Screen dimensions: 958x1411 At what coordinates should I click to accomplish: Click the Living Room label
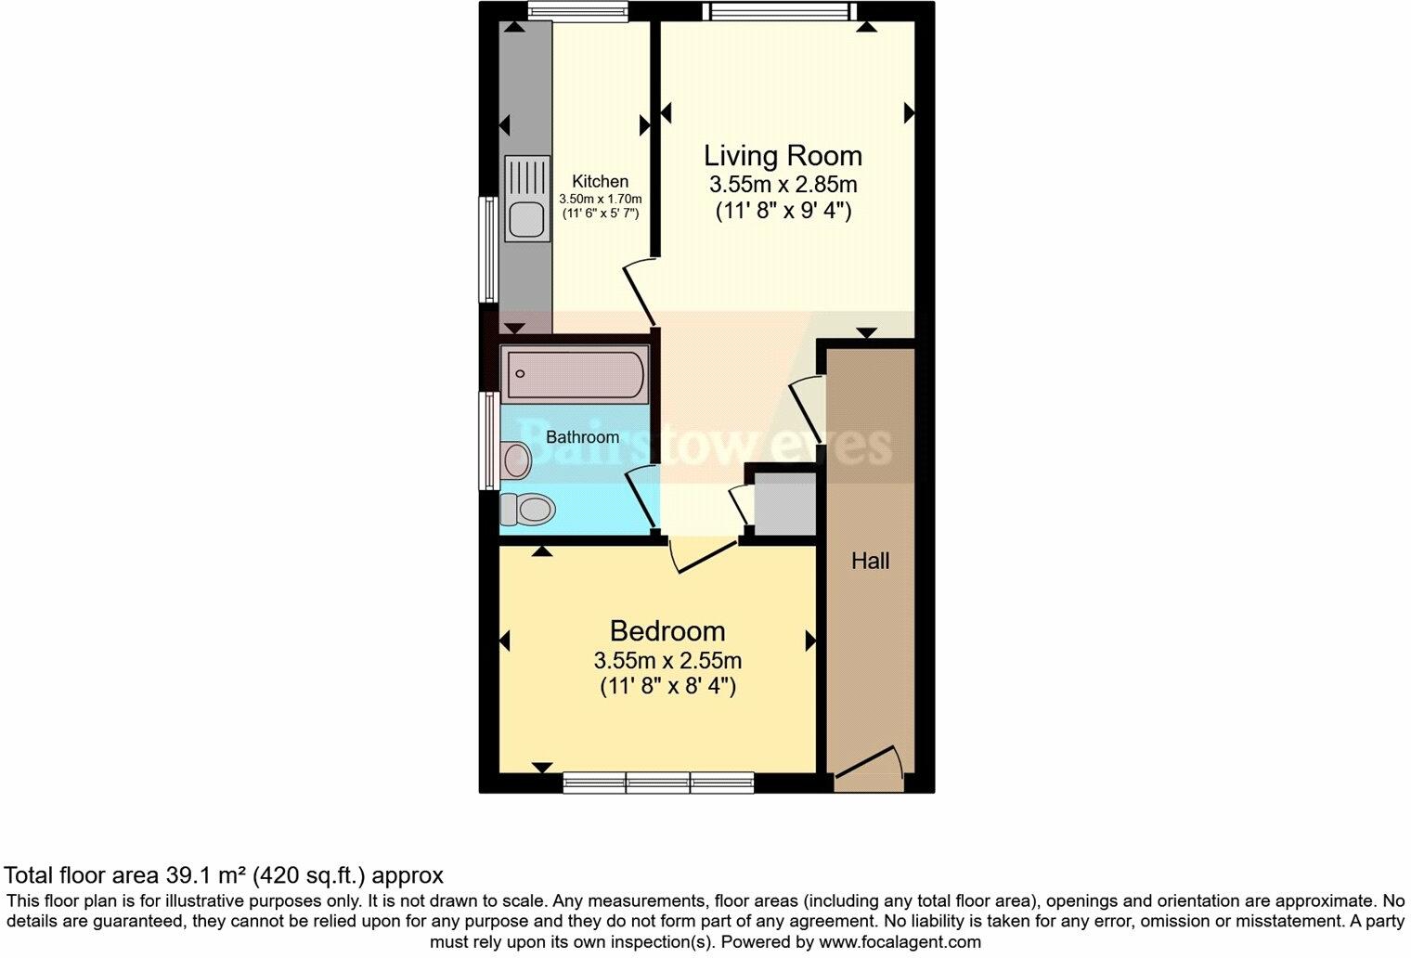pos(783,155)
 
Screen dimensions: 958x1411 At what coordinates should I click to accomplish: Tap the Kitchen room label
pos(600,181)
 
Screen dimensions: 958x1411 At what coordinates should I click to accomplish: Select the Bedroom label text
pos(667,631)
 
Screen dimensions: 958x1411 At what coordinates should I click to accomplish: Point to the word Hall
pos(870,561)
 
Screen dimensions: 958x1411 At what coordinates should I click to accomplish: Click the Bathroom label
pos(582,436)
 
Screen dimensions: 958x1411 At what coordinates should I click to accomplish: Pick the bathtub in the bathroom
pos(574,374)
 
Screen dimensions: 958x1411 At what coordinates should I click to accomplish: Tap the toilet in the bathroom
pos(527,509)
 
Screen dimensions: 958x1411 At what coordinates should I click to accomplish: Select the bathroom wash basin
pos(516,459)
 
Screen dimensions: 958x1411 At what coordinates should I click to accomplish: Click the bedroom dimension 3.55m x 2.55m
pos(667,661)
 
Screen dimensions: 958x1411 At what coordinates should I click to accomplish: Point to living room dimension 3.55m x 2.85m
pos(783,184)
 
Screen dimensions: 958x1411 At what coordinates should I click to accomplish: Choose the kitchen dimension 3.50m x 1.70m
pos(600,199)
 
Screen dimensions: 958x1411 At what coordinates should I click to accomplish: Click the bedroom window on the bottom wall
pos(658,783)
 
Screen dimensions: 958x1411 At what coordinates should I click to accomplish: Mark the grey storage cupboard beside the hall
pos(784,505)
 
